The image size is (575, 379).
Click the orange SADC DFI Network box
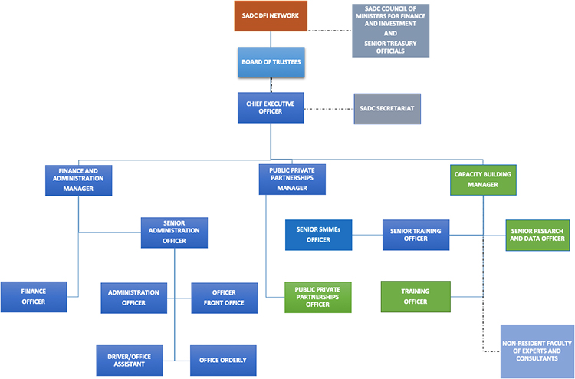pyautogui.click(x=271, y=16)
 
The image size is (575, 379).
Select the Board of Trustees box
pyautogui.click(x=270, y=62)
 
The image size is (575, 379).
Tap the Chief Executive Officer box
pyautogui.click(x=271, y=107)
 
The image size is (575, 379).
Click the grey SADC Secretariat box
pyautogui.click(x=387, y=108)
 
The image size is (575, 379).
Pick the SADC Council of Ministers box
pyautogui.click(x=390, y=30)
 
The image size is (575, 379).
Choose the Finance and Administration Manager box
pyautogui.click(x=80, y=179)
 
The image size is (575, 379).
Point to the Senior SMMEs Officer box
pyautogui.click(x=318, y=235)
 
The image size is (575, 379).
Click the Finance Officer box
pyautogui.click(x=33, y=296)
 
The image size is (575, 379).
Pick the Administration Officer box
pyautogui.click(x=133, y=297)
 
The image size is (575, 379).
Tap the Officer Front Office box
pyautogui.click(x=223, y=297)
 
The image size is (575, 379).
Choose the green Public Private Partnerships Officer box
pyautogui.click(x=317, y=297)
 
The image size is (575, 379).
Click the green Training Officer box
pyautogui.click(x=415, y=296)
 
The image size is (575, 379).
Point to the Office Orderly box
pyautogui.click(x=222, y=360)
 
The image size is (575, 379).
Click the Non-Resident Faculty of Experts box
pyautogui.click(x=537, y=351)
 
